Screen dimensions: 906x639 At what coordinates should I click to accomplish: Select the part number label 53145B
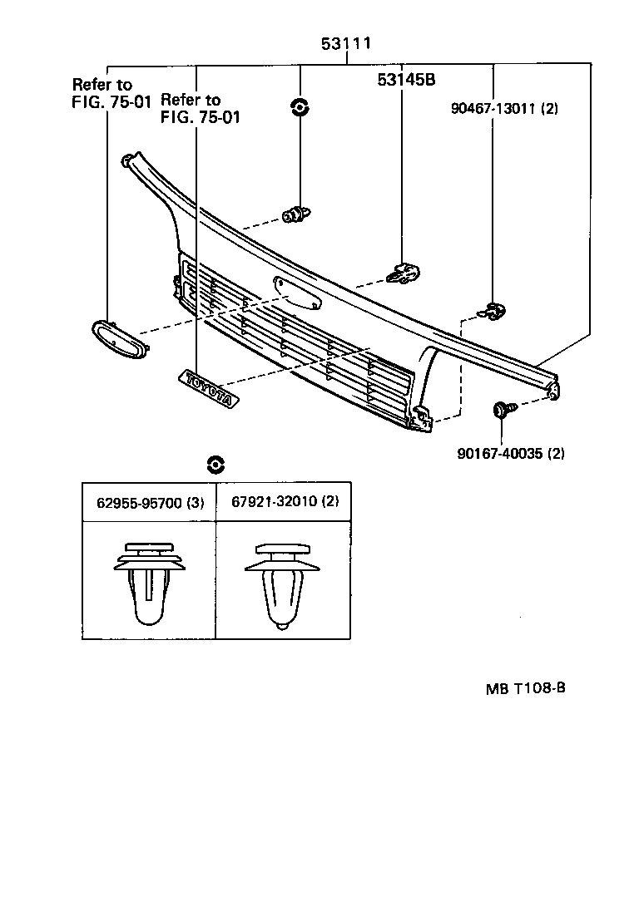407,80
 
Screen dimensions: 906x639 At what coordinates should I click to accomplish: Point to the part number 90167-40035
511,453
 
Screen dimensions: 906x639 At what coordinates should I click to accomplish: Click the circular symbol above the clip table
216,465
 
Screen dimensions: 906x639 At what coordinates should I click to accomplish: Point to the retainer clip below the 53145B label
405,273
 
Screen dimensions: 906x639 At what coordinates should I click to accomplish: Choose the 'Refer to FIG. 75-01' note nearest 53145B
200,109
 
